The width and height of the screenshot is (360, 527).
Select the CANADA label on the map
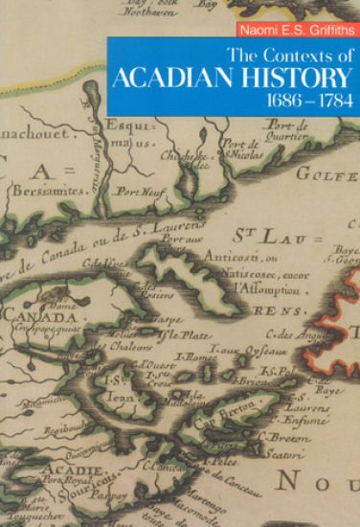[x=32, y=316]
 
